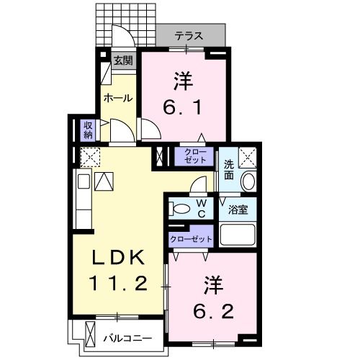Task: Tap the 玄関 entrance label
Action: (122, 61)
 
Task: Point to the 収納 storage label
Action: (88, 129)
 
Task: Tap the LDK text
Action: (120, 257)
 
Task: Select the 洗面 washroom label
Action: (228, 169)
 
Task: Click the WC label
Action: (202, 209)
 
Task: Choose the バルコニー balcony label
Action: (127, 336)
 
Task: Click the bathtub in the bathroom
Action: (239, 235)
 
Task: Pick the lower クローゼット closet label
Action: (191, 238)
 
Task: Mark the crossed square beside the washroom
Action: (248, 156)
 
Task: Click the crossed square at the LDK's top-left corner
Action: (90, 156)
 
